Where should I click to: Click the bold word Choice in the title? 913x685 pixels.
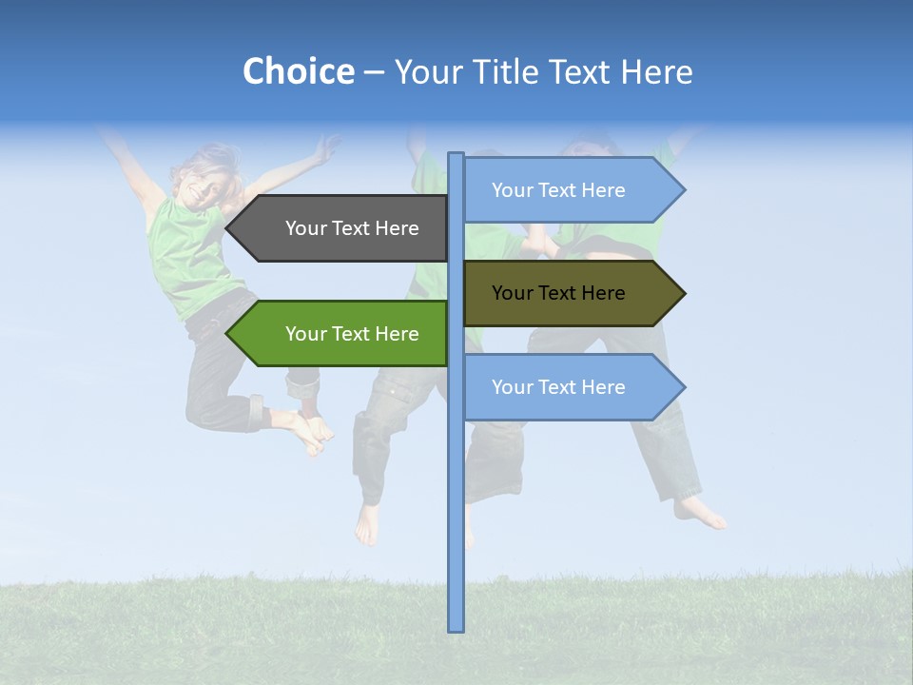(x=298, y=71)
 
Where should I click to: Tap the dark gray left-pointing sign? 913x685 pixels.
(x=342, y=228)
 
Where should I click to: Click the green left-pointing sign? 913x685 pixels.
(x=342, y=334)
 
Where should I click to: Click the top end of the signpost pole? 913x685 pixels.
(x=456, y=156)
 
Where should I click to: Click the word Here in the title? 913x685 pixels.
(x=656, y=71)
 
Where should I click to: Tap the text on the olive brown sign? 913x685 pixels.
(x=558, y=293)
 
